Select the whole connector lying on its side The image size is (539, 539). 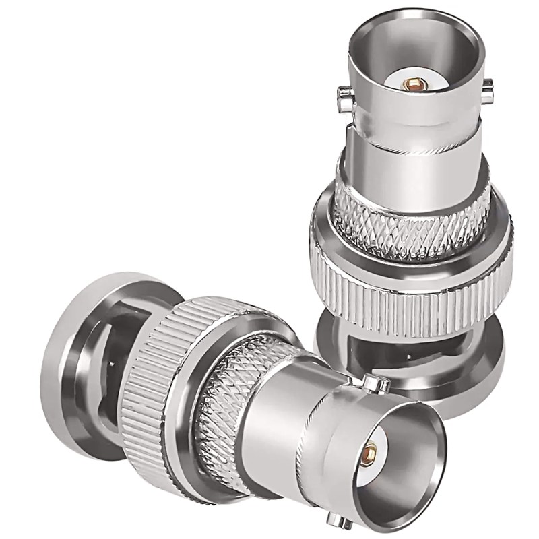[x=229, y=404]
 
